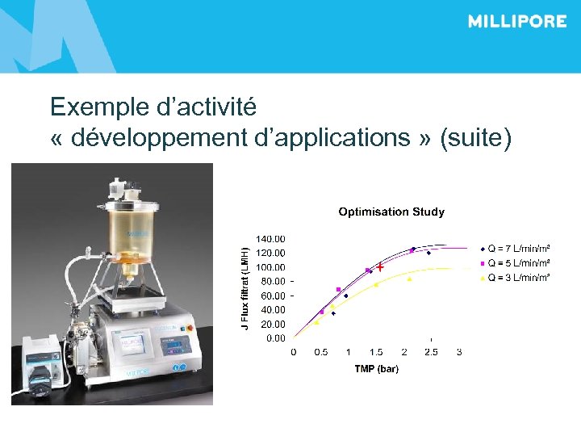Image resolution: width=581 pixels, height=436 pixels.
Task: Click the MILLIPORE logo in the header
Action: [x=516, y=22]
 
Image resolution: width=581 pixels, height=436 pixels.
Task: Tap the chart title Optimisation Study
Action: [x=391, y=212]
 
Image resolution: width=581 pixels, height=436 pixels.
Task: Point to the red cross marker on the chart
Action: [x=379, y=266]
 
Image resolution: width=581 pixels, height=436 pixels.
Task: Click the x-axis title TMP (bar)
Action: [x=376, y=369]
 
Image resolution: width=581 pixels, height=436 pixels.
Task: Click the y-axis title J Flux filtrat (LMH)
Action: [x=246, y=281]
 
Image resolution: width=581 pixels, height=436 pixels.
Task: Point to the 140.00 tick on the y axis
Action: [x=270, y=239]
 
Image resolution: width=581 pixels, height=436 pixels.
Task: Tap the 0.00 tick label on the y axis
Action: [x=275, y=338]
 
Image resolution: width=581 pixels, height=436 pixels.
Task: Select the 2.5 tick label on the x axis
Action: [x=431, y=352]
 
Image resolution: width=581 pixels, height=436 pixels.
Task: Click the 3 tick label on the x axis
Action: [x=459, y=352]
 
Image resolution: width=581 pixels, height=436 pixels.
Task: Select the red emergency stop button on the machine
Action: [x=190, y=329]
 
